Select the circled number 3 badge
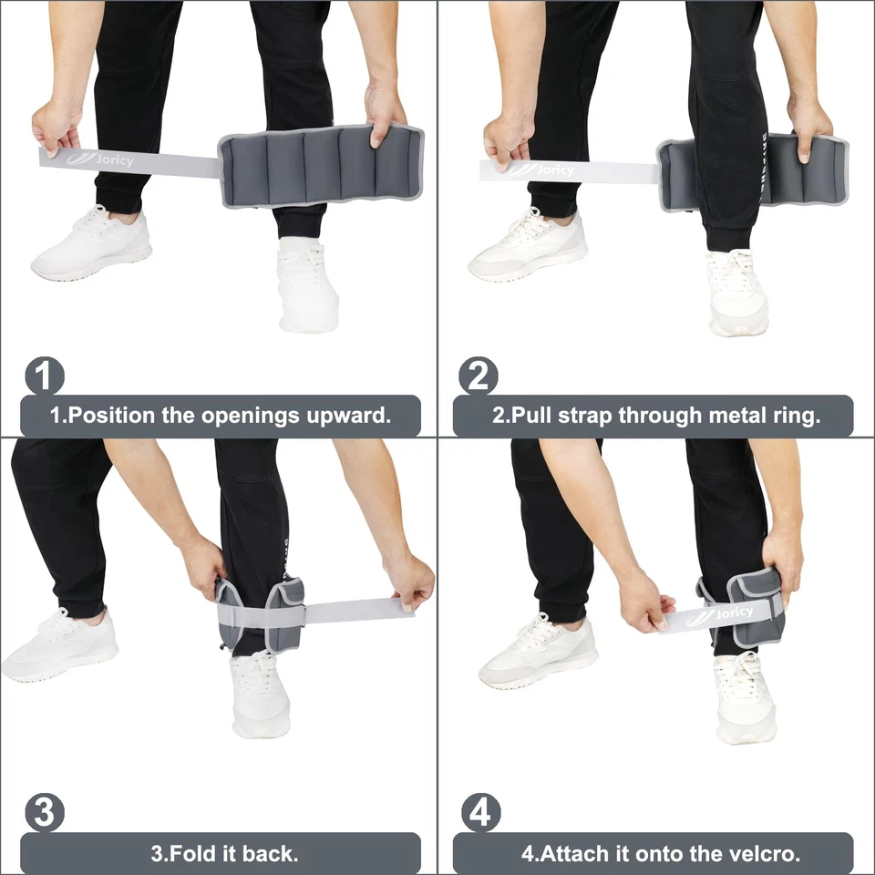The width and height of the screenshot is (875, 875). (x=44, y=812)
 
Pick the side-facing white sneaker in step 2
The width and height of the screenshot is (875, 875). (x=527, y=244)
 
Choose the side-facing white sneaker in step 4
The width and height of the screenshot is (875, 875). (x=538, y=652)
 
